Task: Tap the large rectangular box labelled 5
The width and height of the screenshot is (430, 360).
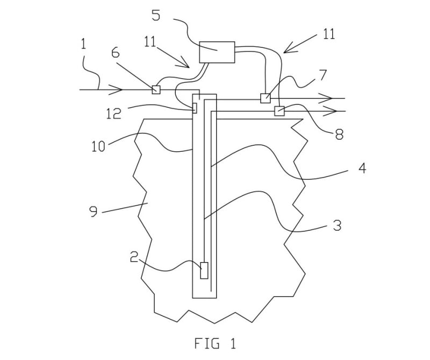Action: point(217,52)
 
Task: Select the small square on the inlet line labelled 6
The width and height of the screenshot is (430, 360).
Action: point(156,90)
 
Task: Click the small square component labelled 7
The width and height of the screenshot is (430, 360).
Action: point(265,98)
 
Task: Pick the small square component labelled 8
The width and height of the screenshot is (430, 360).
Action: point(279,111)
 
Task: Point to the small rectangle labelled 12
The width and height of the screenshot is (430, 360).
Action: point(195,108)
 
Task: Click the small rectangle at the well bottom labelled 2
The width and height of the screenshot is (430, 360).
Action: point(204,271)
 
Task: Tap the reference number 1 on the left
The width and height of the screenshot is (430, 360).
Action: point(83,45)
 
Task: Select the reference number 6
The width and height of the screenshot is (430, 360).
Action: point(116,53)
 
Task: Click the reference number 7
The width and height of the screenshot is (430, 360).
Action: point(322,75)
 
